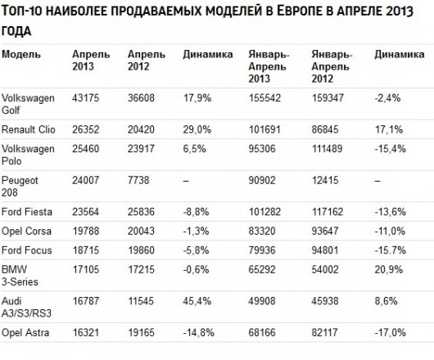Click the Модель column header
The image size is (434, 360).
[21, 54]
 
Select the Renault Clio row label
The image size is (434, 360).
[28, 129]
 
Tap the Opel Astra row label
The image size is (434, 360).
[25, 332]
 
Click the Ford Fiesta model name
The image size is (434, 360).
[27, 212]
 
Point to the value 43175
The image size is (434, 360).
[85, 98]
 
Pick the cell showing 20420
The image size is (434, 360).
[141, 129]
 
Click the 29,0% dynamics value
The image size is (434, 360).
[197, 129]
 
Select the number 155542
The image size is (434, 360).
[264, 98]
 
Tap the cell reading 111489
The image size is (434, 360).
[328, 149]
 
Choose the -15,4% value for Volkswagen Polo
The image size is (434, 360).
[391, 149]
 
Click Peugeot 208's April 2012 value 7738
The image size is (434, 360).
[138, 180]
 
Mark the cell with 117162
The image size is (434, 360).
[328, 212]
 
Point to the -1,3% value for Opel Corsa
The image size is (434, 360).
[196, 232]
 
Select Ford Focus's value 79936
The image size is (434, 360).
[262, 250]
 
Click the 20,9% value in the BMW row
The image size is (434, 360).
[389, 269]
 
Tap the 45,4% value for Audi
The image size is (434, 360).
[197, 301]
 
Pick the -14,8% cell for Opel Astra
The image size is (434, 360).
[198, 332]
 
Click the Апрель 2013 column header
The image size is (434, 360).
[91, 61]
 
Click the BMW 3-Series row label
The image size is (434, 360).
[20, 276]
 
